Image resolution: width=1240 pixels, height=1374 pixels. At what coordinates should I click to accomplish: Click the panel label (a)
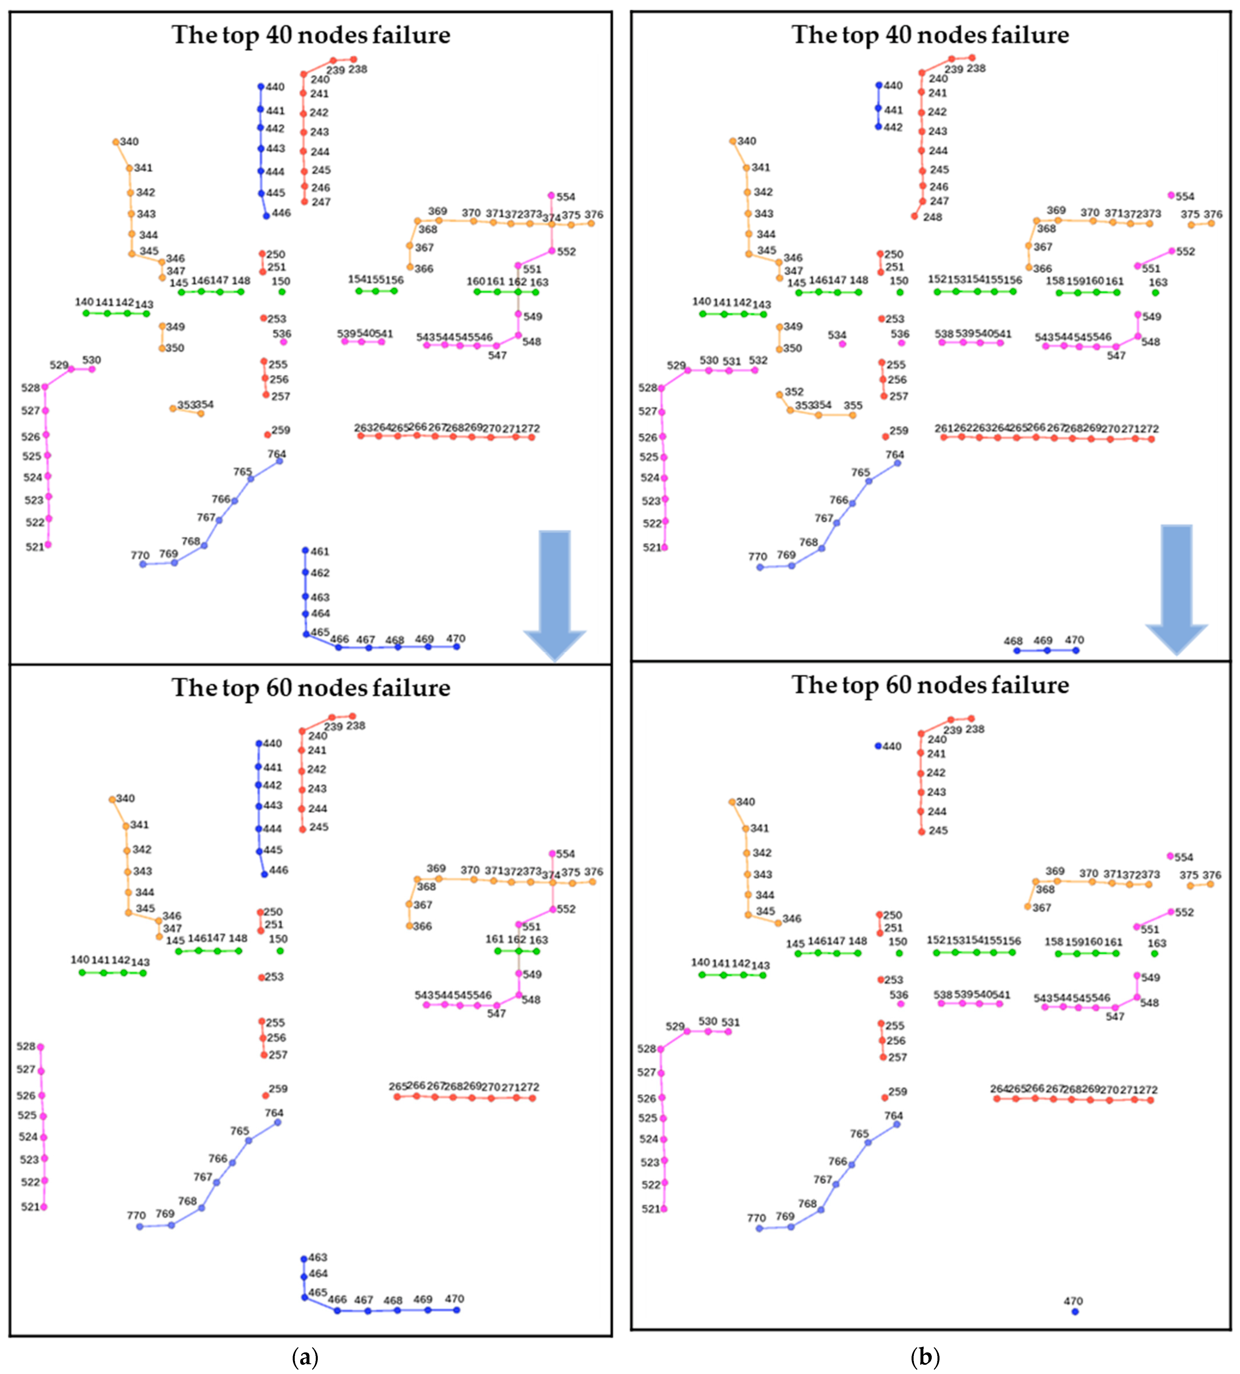coord(305,1357)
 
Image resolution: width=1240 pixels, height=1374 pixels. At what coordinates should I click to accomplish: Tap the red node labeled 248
coord(914,216)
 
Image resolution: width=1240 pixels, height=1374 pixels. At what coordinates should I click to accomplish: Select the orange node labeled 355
coord(853,415)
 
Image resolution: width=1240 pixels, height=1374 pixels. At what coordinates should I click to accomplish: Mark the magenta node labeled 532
coord(755,370)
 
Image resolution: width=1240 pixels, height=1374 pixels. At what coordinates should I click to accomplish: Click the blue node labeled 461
coord(305,550)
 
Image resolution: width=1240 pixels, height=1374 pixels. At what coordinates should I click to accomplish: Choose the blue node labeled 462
coord(305,572)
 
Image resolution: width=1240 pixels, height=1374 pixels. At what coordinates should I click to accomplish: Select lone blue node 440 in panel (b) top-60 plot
coord(878,746)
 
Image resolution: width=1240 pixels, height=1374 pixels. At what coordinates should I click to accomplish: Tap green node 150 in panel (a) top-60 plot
coord(280,950)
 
